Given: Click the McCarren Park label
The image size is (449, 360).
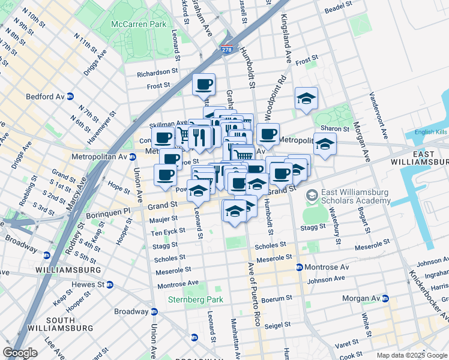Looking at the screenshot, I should pyautogui.click(x=138, y=25).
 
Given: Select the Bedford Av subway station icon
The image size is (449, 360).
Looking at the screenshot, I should pyautogui.click(x=70, y=96).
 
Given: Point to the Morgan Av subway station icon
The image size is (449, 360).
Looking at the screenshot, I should pyautogui.click(x=385, y=298).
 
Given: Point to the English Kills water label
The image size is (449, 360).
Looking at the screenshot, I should pyautogui.click(x=432, y=132).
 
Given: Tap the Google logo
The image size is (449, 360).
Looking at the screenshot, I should pyautogui.click(x=20, y=353).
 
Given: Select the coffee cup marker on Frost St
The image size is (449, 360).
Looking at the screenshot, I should pyautogui.click(x=203, y=84).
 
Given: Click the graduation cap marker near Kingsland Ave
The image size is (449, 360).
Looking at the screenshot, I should pyautogui.click(x=306, y=98).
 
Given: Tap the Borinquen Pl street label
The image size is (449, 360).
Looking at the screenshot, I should pyautogui.click(x=111, y=211).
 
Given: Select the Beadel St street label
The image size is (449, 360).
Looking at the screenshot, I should pyautogui.click(x=337, y=11).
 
